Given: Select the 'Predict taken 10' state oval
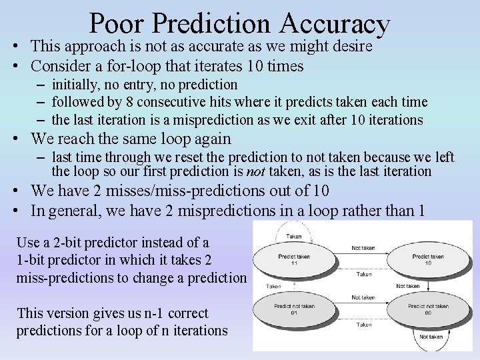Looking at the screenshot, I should pos(428,259).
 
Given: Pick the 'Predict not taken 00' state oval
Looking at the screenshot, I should pos(428,309).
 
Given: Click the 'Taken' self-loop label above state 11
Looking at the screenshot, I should pos(293,236).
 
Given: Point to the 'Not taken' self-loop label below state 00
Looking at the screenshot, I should pos(431,337).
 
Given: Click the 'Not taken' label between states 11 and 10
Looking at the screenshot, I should pos(363,248).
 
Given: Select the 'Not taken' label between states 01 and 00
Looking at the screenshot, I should pos(363,297).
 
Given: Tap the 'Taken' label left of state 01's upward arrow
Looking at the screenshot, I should pos(273,286).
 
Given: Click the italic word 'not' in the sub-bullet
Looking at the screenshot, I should pos(256,171).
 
